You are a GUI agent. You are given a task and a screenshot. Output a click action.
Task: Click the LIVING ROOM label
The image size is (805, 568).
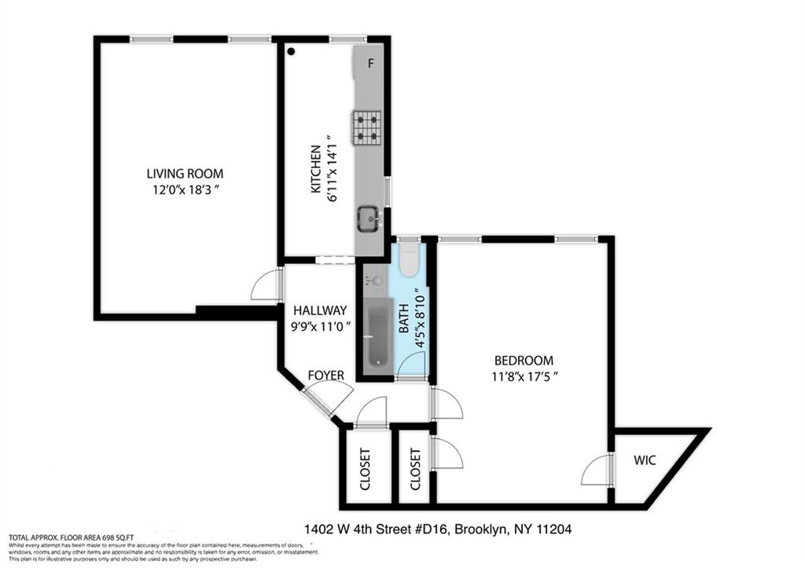pyautogui.click(x=185, y=174)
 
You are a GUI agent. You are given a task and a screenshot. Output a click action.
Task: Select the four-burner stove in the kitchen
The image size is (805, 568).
pyautogui.click(x=366, y=127)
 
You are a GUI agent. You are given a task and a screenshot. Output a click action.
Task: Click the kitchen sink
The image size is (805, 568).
pyautogui.click(x=368, y=218)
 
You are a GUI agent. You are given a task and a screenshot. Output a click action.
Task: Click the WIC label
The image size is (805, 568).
pyautogui.click(x=645, y=460)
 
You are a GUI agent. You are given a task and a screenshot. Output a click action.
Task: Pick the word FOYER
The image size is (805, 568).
pyautogui.click(x=325, y=376)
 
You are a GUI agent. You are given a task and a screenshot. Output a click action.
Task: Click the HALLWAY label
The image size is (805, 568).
pyautogui.click(x=319, y=311)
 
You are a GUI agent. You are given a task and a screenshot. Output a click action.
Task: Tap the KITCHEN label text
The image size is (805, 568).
pyautogui.click(x=315, y=169)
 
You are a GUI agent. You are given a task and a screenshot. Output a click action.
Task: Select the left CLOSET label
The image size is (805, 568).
pyautogui.click(x=365, y=469)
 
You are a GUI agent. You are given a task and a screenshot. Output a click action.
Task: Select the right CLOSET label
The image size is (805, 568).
pyautogui.click(x=415, y=469)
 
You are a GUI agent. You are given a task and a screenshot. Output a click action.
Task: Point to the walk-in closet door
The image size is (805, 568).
pyautogui.click(x=597, y=471)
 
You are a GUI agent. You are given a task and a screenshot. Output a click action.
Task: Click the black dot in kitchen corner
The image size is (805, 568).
pyautogui.click(x=291, y=52)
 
